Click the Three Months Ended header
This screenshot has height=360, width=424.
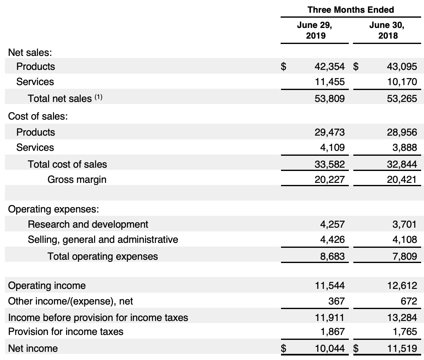click(x=350, y=10)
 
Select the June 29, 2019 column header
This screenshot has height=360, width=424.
click(x=315, y=30)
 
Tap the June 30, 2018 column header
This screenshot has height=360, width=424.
click(x=387, y=30)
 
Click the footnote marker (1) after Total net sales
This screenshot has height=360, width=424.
click(x=98, y=98)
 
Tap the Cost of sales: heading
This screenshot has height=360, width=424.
click(x=38, y=116)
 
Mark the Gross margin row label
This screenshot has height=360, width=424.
click(x=77, y=180)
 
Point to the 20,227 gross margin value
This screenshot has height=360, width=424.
click(x=330, y=180)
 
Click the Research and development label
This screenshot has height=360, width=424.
click(x=88, y=224)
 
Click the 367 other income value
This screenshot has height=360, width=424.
click(x=337, y=301)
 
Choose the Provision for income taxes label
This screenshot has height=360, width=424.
click(x=66, y=331)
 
